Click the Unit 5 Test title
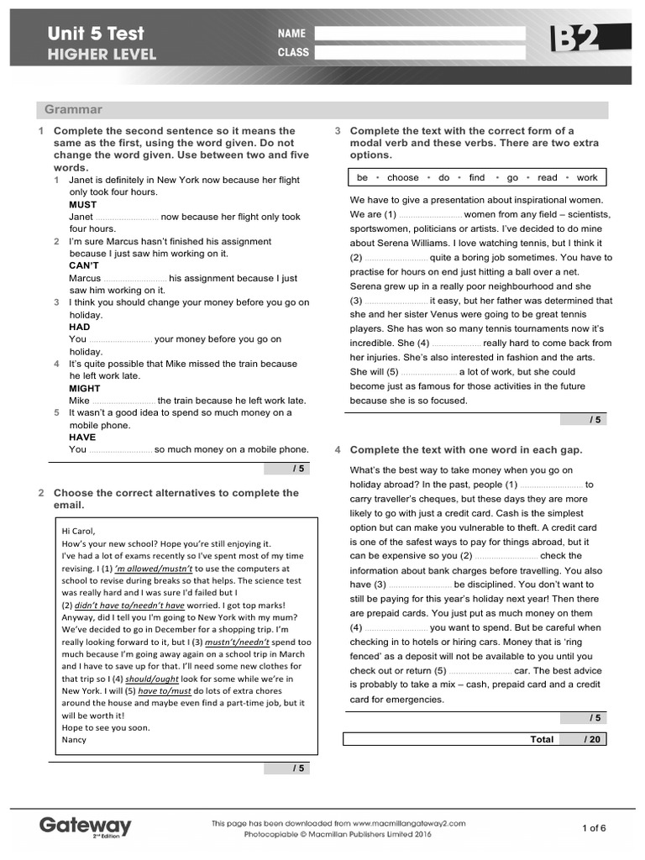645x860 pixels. [x=96, y=34]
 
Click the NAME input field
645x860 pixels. [x=420, y=34]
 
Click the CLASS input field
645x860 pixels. [x=420, y=52]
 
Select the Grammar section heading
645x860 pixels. [x=73, y=110]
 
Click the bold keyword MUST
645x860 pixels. [x=82, y=204]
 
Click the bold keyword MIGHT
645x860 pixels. [x=84, y=388]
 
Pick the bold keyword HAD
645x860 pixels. [x=79, y=327]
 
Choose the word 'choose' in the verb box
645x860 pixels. [x=403, y=178]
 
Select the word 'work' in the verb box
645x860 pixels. [x=587, y=178]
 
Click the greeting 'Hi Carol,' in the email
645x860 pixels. [x=79, y=531]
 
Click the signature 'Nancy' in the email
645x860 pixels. [x=74, y=740]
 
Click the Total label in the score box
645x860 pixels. [x=542, y=739]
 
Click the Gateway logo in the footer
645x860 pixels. [x=85, y=826]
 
